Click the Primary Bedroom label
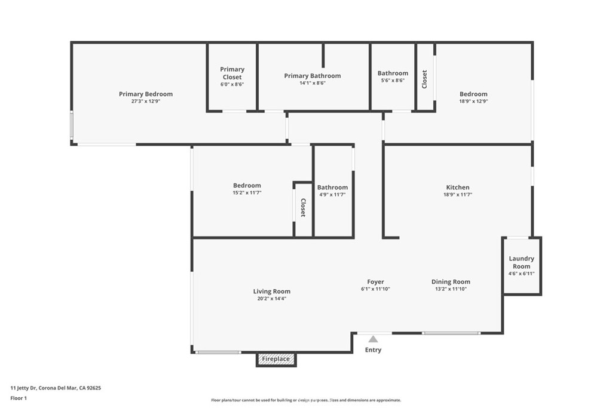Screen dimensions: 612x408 tap(146, 94)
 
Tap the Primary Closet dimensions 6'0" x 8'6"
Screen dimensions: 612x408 tap(232, 84)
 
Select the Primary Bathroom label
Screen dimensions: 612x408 tap(312, 76)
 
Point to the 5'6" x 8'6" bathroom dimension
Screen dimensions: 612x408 tap(393, 81)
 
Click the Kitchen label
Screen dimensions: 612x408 tap(458, 187)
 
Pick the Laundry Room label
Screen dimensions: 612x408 tap(521, 262)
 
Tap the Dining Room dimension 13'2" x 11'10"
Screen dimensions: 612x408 tap(451, 289)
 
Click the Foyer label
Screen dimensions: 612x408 tap(375, 281)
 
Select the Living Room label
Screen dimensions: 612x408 tap(272, 292)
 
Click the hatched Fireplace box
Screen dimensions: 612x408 tap(276, 359)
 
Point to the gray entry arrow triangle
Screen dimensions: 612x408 tap(373, 339)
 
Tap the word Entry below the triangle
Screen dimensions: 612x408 tap(373, 350)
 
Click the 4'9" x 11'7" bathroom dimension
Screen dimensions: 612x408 tap(332, 195)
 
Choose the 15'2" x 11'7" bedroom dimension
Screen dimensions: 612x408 tap(247, 193)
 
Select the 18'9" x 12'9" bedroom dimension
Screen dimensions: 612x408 tap(473, 101)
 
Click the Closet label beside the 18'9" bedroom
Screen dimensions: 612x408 tap(425, 79)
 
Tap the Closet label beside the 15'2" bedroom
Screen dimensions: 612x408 tap(303, 207)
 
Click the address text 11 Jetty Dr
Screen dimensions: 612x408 tap(23, 388)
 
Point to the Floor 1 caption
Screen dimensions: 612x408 tap(19, 398)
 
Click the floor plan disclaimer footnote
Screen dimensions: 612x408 tap(306, 400)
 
